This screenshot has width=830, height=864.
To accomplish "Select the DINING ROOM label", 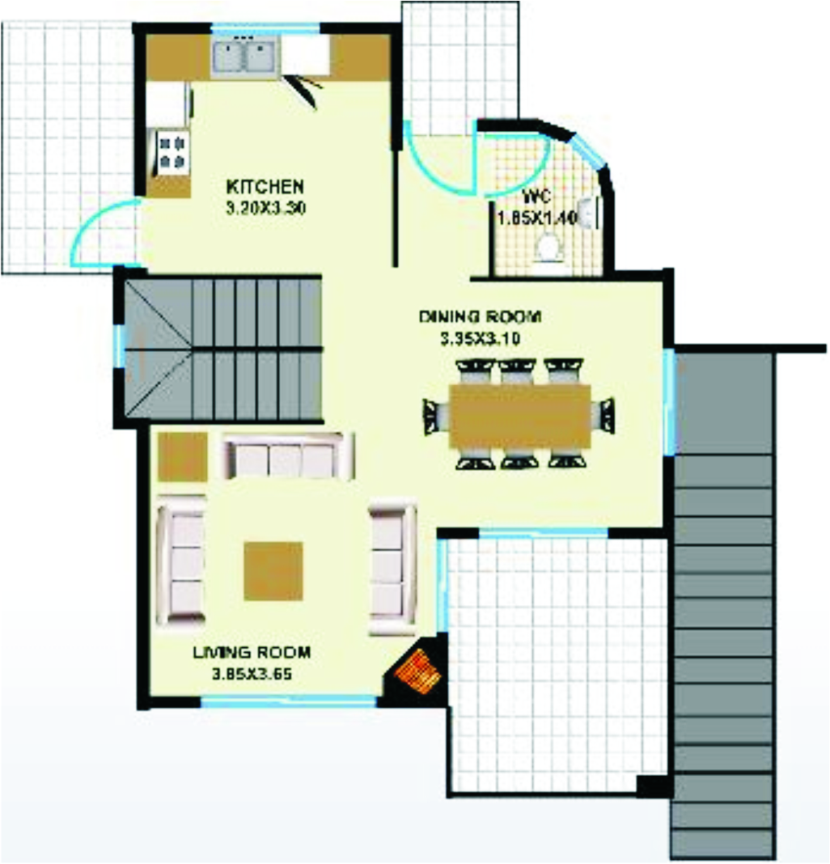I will click(480, 316).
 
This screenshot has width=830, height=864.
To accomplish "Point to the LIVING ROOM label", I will click(251, 653).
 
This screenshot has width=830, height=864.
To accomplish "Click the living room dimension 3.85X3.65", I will click(251, 672).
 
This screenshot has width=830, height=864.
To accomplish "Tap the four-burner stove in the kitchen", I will click(172, 151).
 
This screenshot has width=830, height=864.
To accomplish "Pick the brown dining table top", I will click(520, 416).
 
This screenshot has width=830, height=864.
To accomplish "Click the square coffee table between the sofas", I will click(273, 570).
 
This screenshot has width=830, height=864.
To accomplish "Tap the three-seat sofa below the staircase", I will click(288, 457).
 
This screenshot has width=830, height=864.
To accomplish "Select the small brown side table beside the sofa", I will click(181, 457).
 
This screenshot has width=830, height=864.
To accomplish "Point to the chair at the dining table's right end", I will click(605, 416).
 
